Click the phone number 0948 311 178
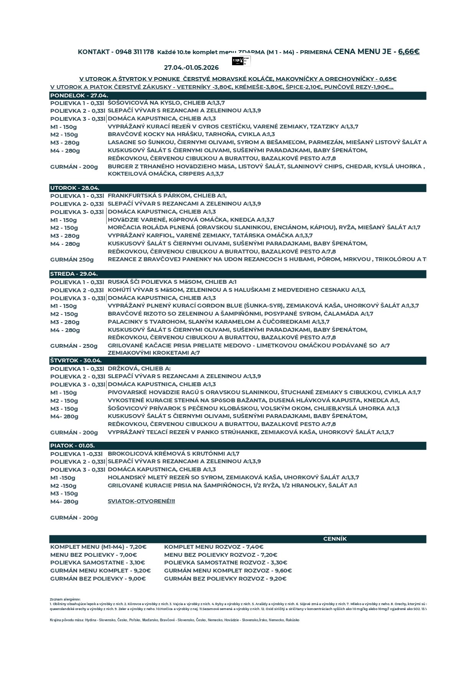click(135, 52)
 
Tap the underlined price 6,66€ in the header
click(408, 51)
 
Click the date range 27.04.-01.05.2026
click(191, 68)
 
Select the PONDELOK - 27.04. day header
click(79, 95)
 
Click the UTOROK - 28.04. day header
click(75, 188)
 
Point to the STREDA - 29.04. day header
click(74, 274)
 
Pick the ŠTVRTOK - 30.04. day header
click(76, 360)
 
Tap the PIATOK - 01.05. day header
click(72, 446)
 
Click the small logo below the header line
click(241, 61)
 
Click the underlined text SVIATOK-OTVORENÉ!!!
click(141, 501)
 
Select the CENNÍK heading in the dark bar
click(334, 539)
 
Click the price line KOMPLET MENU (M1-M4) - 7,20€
click(98, 547)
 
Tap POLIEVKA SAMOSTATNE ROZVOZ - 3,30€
click(226, 563)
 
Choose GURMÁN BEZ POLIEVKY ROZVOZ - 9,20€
click(225, 579)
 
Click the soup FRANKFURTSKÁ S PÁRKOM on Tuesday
click(167, 196)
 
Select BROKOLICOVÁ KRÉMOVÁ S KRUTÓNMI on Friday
click(173, 454)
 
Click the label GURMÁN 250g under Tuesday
click(72, 260)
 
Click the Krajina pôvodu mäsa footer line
click(175, 620)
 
